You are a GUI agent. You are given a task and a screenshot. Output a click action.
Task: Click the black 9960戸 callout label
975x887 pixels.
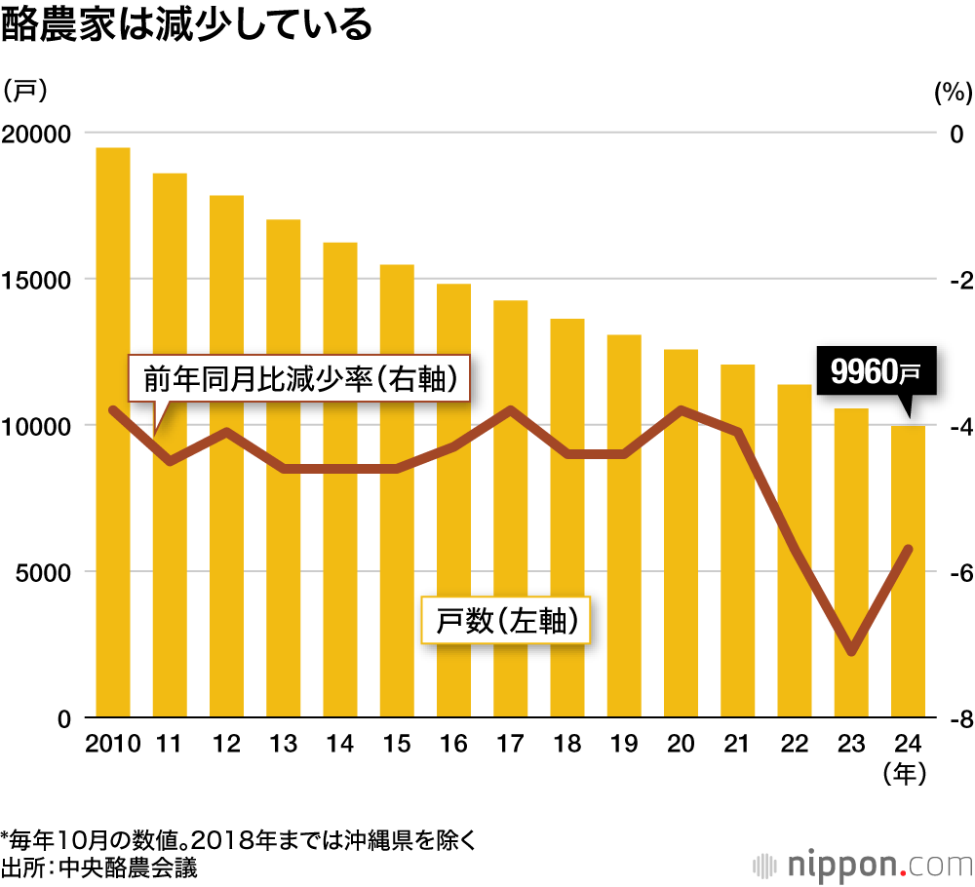pyautogui.click(x=875, y=370)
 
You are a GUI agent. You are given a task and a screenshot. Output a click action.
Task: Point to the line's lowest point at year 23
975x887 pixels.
pyautogui.click(x=852, y=651)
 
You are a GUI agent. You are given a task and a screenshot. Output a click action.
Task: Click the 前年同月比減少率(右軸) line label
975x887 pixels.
pyautogui.click(x=299, y=378)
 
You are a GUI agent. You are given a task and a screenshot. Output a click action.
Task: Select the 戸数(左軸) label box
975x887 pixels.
pyautogui.click(x=504, y=620)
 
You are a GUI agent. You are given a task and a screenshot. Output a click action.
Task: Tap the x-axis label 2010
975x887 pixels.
pyautogui.click(x=113, y=745)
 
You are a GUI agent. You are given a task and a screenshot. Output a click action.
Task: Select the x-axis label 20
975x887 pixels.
pyautogui.click(x=682, y=745)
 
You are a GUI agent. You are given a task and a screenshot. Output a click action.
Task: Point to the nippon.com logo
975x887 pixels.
pyautogui.click(x=857, y=864)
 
